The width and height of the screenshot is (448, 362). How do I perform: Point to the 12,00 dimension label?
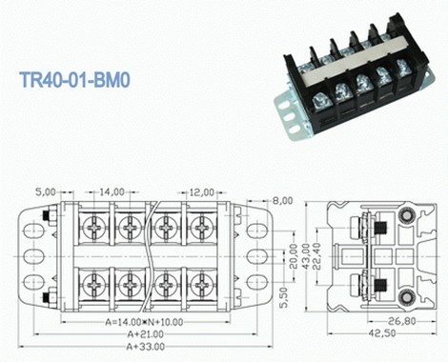tap(200, 191)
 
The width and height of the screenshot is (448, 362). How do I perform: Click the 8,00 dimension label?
tap(282, 201)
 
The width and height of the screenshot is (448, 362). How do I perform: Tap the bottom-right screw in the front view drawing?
tap(202, 285)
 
